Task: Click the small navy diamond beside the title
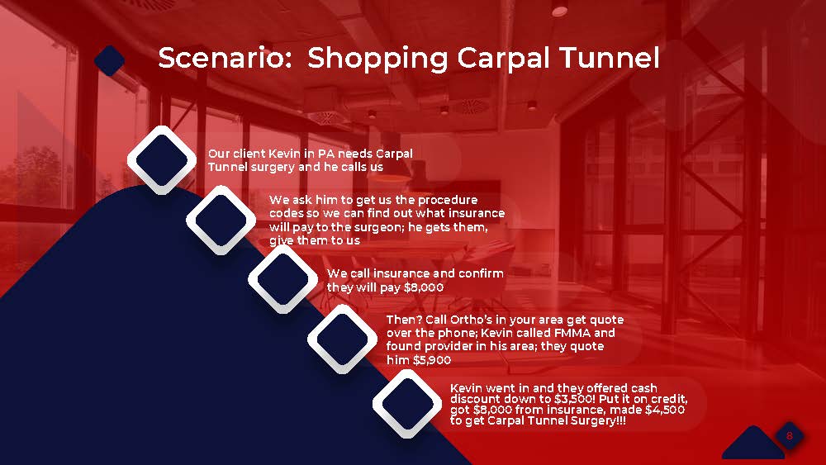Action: (110, 60)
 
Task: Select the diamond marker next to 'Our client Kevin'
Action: (162, 159)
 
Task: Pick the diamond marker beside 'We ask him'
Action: (221, 221)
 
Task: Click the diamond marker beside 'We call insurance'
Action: (282, 279)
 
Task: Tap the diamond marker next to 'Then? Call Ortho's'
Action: (343, 339)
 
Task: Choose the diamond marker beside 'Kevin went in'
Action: (407, 403)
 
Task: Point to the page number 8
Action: (789, 435)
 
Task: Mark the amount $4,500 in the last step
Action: (665, 410)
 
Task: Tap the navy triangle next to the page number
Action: (753, 443)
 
